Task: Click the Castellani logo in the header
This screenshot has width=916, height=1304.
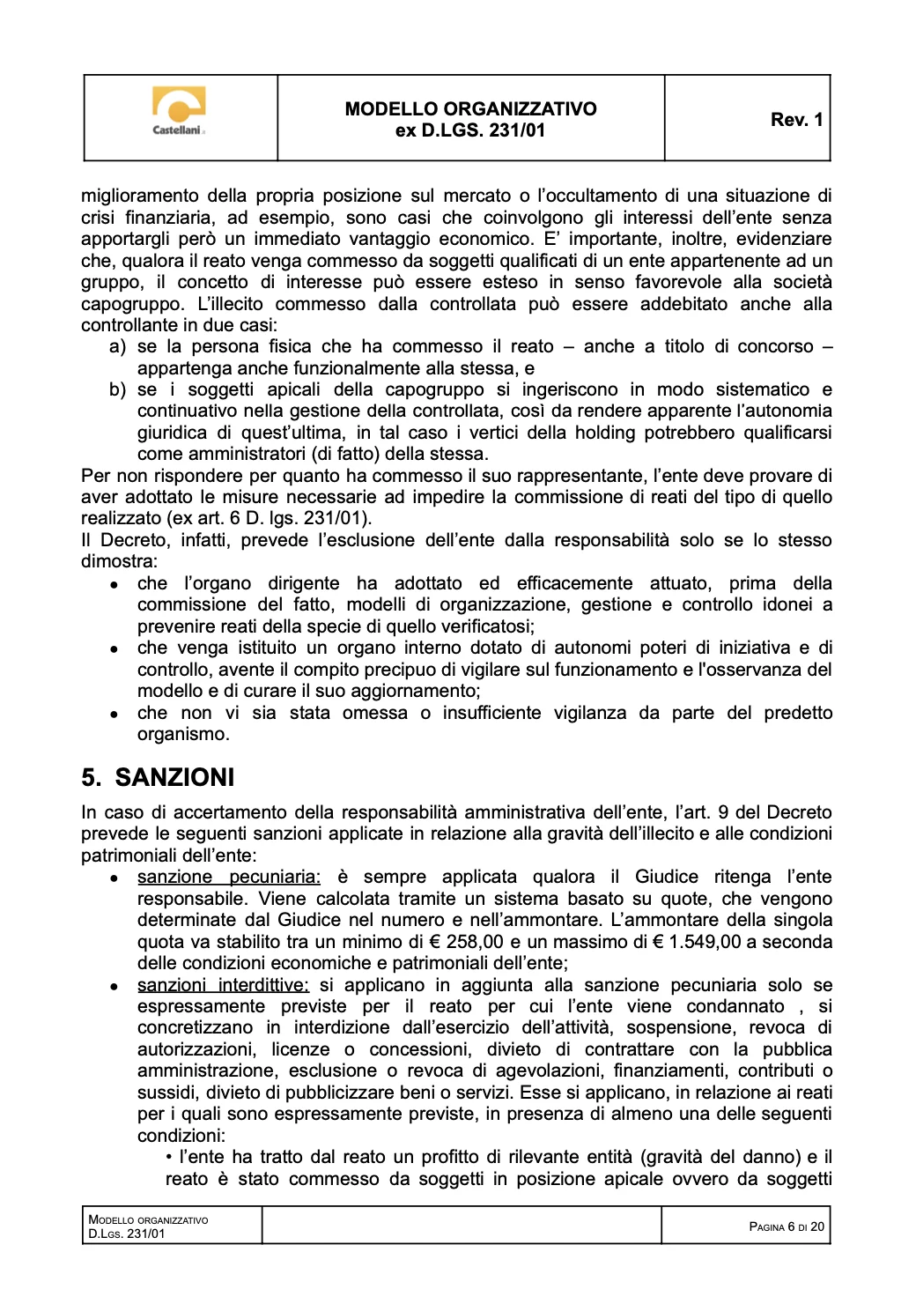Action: [179, 110]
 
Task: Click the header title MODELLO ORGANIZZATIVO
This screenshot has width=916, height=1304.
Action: [470, 109]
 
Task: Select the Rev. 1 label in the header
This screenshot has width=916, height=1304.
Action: [796, 120]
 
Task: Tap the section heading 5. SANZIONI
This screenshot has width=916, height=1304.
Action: [159, 777]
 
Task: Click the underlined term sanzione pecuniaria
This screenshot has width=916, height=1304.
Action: [229, 877]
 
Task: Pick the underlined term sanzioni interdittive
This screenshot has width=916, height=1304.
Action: [223, 985]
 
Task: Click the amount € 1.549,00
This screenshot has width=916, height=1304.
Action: [700, 942]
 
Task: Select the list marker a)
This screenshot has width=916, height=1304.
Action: [117, 346]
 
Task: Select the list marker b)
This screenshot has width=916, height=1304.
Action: [117, 389]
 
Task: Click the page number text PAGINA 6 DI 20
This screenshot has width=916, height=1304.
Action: [787, 1226]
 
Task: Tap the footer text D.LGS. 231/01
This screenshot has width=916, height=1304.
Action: [127, 1234]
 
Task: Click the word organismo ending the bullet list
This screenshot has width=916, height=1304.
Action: [182, 734]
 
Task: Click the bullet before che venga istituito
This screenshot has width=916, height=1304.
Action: [114, 649]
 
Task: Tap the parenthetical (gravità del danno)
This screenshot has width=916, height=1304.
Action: [720, 1157]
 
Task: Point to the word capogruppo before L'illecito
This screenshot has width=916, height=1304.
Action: [132, 304]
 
